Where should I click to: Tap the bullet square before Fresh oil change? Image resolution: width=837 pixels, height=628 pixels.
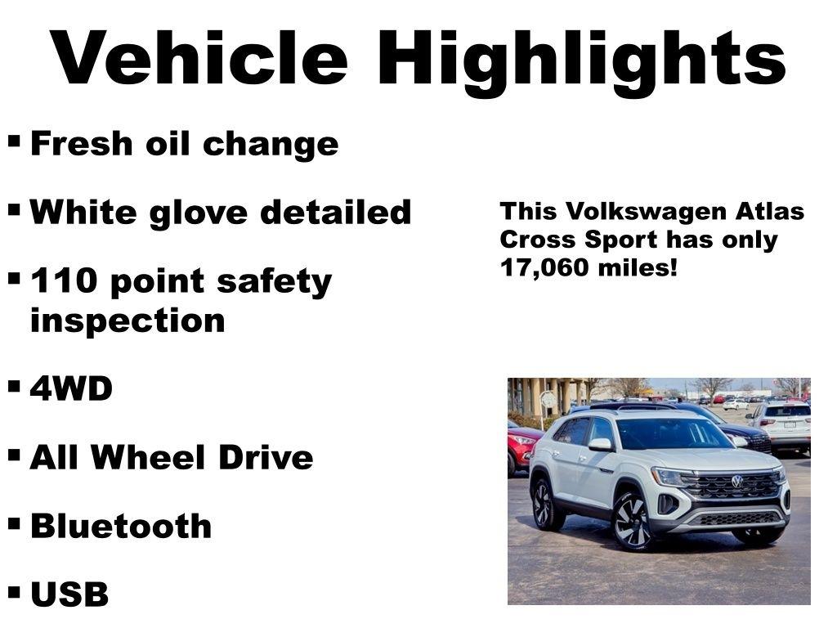click(x=15, y=141)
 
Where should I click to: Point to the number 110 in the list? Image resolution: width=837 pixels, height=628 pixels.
click(x=64, y=281)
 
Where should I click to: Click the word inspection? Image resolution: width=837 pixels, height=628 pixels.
click(x=127, y=321)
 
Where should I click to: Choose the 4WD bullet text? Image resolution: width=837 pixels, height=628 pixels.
click(x=71, y=389)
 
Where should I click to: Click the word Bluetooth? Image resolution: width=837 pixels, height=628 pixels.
click(x=121, y=526)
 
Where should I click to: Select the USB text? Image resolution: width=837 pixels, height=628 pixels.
click(x=69, y=594)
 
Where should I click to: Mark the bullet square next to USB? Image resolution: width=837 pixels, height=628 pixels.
click(x=15, y=590)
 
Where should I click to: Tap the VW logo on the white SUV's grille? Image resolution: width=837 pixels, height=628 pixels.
click(x=736, y=482)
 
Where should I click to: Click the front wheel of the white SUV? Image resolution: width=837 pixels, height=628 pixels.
click(x=632, y=522)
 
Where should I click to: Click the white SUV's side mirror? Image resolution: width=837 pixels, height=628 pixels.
click(x=600, y=444)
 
